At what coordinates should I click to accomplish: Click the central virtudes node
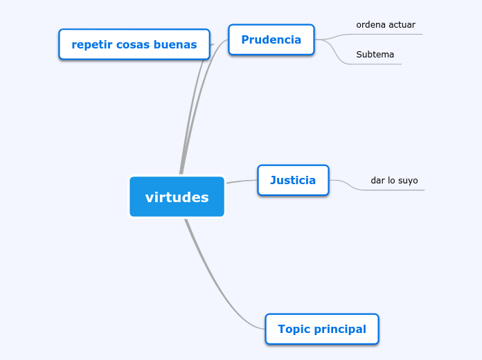177,197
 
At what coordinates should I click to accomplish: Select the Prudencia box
271,39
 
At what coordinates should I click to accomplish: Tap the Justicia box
293,180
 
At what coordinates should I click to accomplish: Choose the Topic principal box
321,329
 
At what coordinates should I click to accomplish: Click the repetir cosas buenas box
134,45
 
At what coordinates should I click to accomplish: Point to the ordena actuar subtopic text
386,25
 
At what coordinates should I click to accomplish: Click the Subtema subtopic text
375,54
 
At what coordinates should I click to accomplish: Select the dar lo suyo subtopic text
394,181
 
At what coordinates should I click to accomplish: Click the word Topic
292,329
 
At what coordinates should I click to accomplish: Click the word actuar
402,25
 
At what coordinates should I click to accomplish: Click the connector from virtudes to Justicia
242,182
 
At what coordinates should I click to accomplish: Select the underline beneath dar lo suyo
395,190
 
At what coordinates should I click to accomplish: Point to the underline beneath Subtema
377,64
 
